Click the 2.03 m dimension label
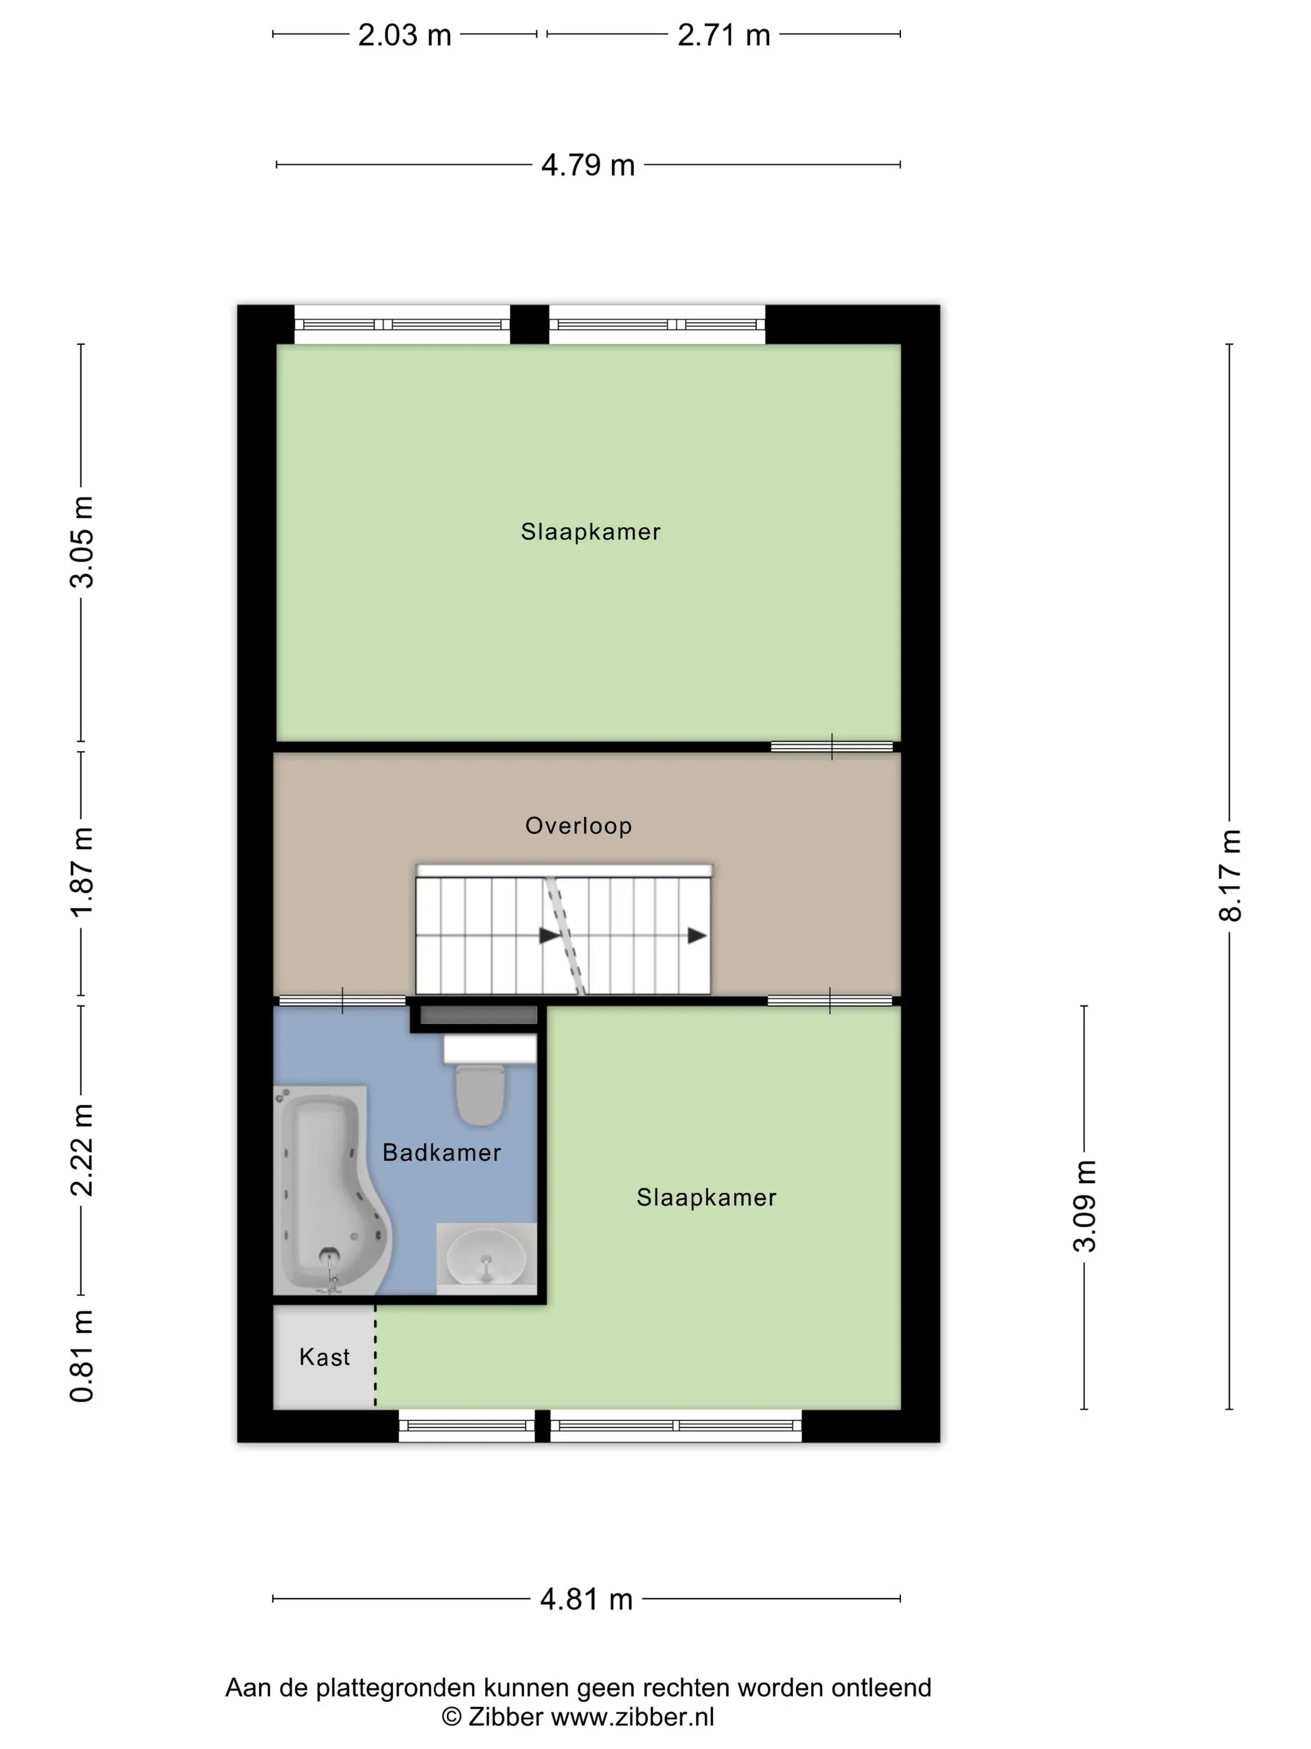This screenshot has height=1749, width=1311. [x=404, y=36]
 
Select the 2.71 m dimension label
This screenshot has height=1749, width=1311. [x=723, y=36]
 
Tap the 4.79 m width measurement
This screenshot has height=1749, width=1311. [x=588, y=166]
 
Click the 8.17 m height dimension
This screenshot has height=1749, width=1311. [x=1230, y=875]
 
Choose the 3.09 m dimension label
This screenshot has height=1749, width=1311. [x=1085, y=1206]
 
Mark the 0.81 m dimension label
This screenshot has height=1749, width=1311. [x=81, y=1356]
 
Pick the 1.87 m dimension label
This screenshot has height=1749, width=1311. [x=81, y=872]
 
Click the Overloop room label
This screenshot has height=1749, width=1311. [x=579, y=826]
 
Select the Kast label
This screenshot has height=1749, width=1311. [x=324, y=1357]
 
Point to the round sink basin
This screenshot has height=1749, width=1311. [x=485, y=1257]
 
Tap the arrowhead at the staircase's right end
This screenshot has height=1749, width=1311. [x=697, y=936]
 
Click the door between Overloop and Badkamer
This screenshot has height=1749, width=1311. [x=342, y=1001]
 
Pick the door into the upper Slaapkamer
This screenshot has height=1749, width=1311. [x=832, y=746]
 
